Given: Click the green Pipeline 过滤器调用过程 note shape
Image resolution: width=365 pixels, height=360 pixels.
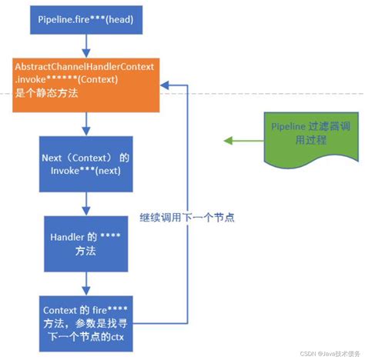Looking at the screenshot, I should [x=301, y=139].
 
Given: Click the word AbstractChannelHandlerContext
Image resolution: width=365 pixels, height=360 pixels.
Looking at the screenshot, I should [x=85, y=68].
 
